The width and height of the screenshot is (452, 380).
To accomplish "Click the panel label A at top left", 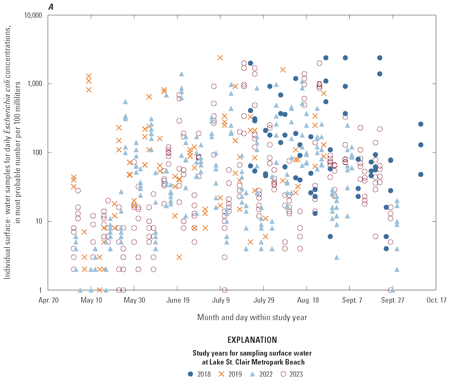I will [50, 5].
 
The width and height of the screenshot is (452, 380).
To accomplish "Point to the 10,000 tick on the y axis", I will [32, 15].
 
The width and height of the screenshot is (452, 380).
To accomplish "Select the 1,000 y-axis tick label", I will [35, 84].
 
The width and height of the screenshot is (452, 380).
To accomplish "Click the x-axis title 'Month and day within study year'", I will [252, 317].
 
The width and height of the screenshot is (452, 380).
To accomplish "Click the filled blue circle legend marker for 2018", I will [190, 373].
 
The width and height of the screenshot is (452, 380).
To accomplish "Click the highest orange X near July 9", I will [220, 58].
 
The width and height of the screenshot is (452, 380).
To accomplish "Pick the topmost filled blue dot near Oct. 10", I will [421, 124].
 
